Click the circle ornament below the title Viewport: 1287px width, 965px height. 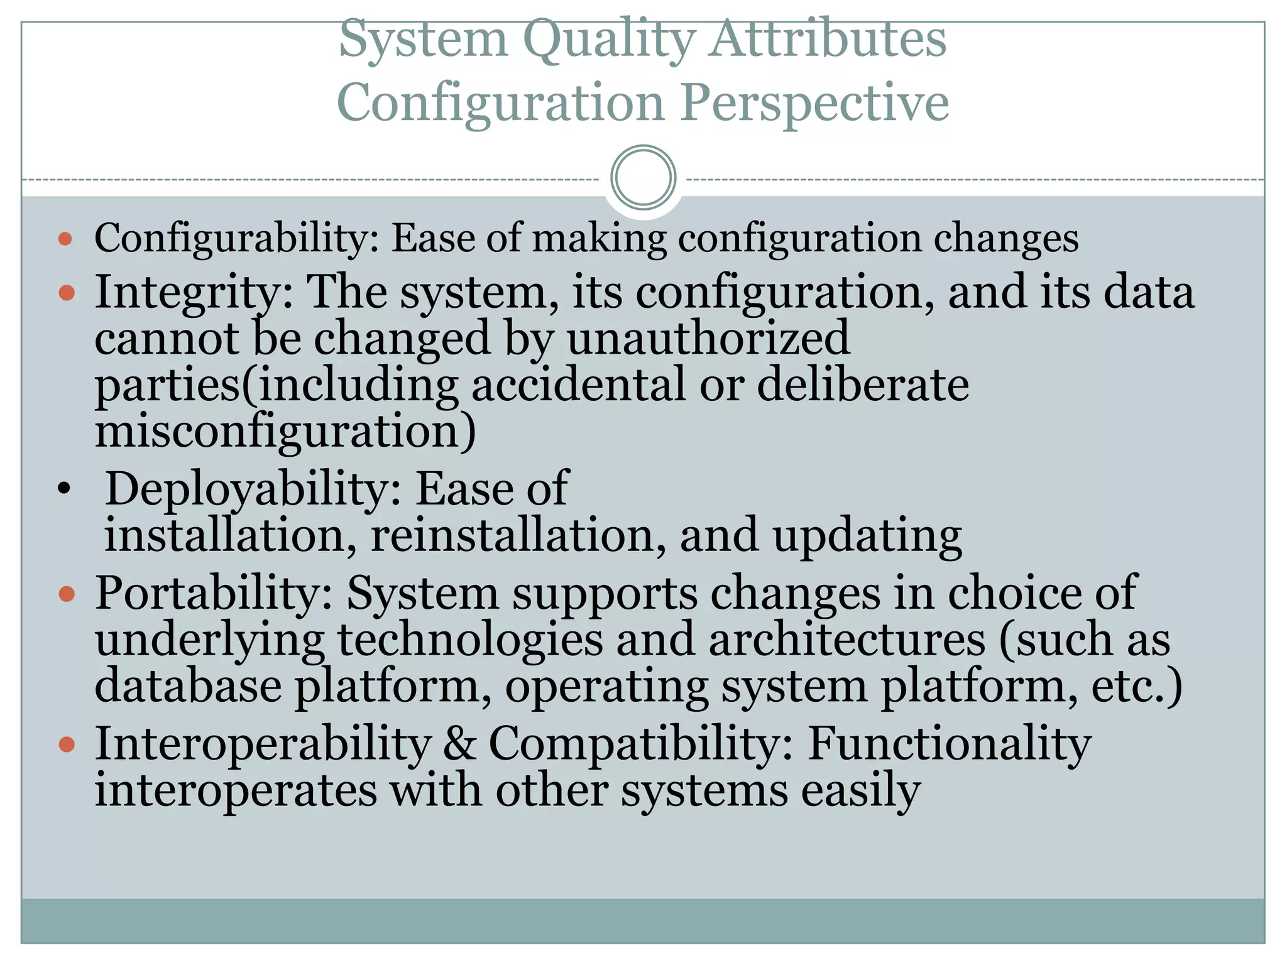pos(643,178)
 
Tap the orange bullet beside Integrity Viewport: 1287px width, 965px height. pos(66,293)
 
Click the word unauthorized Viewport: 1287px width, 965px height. pos(708,338)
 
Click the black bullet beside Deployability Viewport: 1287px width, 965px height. pos(63,488)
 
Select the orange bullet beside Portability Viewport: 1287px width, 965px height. pos(66,593)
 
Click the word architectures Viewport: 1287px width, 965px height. pos(847,640)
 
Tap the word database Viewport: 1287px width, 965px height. pos(188,686)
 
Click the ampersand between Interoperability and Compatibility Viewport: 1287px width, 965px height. pos(459,744)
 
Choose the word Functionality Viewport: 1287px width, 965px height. pos(949,744)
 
